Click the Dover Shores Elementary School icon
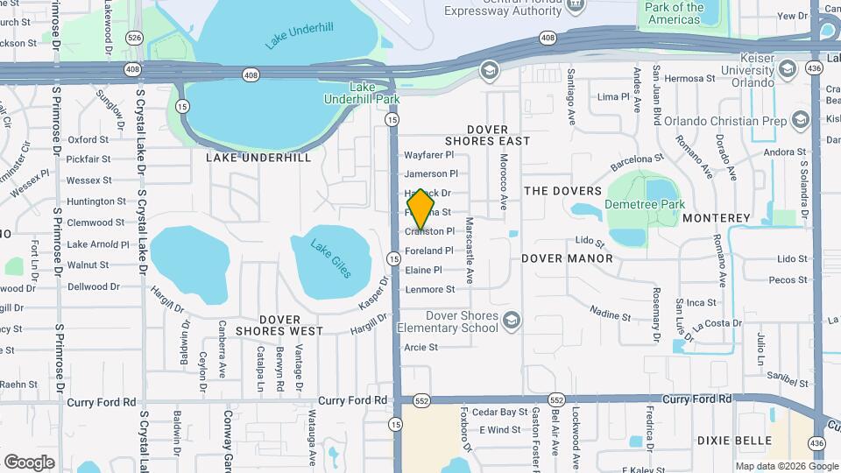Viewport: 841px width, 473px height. tap(511, 321)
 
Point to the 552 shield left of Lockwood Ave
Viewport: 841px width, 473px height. tap(556, 399)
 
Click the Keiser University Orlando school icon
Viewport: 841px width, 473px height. tap(788, 68)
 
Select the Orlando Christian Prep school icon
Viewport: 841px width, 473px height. tap(799, 120)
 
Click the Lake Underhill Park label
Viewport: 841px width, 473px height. tap(375, 93)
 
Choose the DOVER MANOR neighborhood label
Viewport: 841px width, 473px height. tap(567, 258)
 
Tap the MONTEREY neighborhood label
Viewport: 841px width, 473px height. tap(717, 217)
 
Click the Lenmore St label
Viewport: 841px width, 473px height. tap(429, 289)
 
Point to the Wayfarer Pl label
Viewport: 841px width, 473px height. tap(430, 154)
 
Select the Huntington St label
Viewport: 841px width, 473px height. tap(96, 201)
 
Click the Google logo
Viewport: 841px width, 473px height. tap(29, 462)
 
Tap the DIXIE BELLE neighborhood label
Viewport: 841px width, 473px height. tap(735, 441)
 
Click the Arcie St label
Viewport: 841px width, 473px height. tap(420, 347)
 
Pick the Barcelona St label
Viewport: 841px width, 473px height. tap(637, 159)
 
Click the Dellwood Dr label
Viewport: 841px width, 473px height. tap(93, 286)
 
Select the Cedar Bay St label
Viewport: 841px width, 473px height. tap(499, 412)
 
